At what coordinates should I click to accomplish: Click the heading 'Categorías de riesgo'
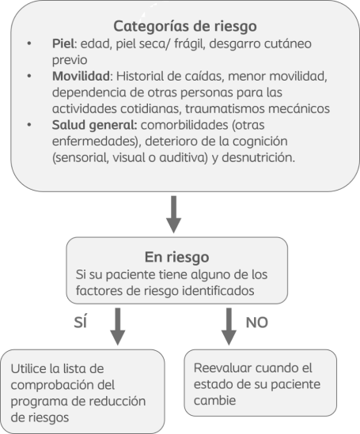coord(185,27)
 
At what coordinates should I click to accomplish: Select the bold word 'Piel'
coord(63,43)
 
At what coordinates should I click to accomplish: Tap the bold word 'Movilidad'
coord(81,76)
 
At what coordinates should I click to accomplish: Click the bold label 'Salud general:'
coord(94,126)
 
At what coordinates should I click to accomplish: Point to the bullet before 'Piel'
coord(29,43)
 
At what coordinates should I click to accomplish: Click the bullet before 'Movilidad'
coord(29,76)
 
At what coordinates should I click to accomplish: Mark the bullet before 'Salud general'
coord(29,125)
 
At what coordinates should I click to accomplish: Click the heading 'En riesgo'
coord(176,258)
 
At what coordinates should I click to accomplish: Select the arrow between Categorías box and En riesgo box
coord(173,214)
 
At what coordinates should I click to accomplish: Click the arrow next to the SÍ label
coord(118,326)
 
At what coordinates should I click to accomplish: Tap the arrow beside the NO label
coord(229,326)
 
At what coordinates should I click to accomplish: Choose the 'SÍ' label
coord(81,322)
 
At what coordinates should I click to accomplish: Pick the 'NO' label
coord(256,323)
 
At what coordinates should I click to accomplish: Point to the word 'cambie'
coord(214,400)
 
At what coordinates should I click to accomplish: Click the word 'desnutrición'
coord(259,158)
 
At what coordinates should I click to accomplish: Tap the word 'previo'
coord(70,60)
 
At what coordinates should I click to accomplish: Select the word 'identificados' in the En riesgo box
coord(218,291)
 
